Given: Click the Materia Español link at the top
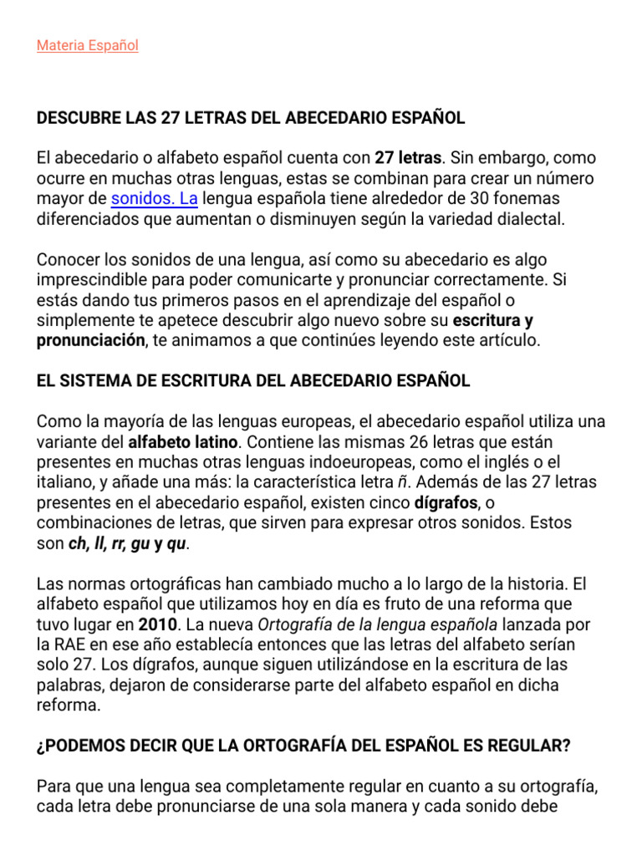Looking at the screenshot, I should tap(87, 46).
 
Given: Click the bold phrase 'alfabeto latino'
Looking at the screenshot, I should tap(183, 441).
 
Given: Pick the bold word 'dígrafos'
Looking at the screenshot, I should tap(446, 503).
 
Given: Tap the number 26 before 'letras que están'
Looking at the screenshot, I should tap(423, 441).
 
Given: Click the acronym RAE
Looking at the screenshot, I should tap(68, 645).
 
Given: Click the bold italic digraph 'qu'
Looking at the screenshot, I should tap(176, 544).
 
